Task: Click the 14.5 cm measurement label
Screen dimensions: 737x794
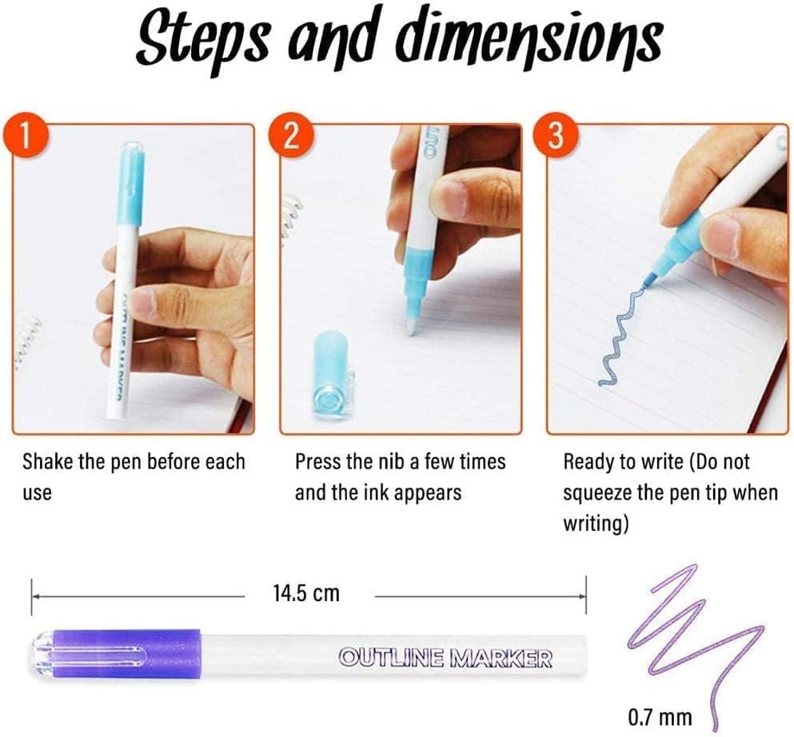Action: pos(307,592)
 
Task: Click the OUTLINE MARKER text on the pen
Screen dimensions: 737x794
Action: pos(445,658)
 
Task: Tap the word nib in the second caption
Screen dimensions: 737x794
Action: pos(397,461)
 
